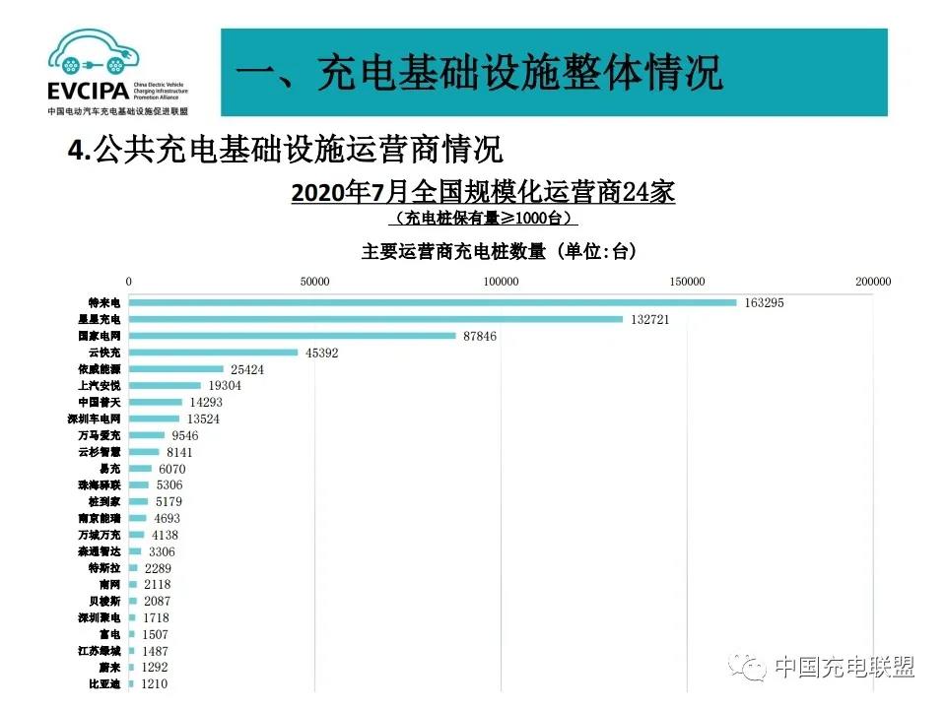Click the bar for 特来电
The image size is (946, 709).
[x=433, y=302]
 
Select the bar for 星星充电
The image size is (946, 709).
[x=375, y=319]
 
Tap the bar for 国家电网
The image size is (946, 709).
[x=292, y=336]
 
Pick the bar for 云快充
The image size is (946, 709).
[x=213, y=353]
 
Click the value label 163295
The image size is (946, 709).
[x=765, y=302]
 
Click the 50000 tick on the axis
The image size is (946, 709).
[x=314, y=282]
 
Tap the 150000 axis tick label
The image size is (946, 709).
[x=687, y=282]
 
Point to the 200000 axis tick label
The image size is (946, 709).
[x=872, y=282]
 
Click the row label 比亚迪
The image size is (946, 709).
[x=104, y=684]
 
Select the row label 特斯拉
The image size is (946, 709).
[x=104, y=568]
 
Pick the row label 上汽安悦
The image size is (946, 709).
[x=99, y=386]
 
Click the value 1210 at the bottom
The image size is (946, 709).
[x=155, y=684]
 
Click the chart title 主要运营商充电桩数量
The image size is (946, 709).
[x=499, y=252]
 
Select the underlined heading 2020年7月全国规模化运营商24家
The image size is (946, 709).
[x=483, y=192]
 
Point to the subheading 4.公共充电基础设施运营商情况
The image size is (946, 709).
[x=285, y=151]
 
